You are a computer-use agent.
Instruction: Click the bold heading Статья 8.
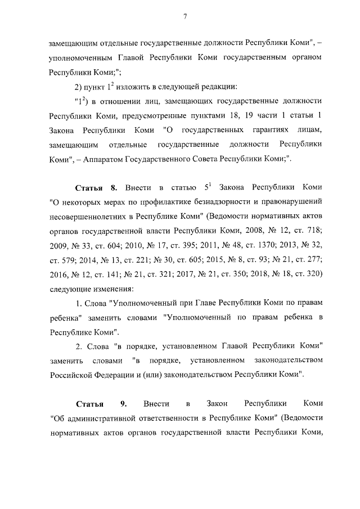click(x=96, y=186)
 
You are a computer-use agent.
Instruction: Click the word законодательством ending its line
click(x=287, y=360)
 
